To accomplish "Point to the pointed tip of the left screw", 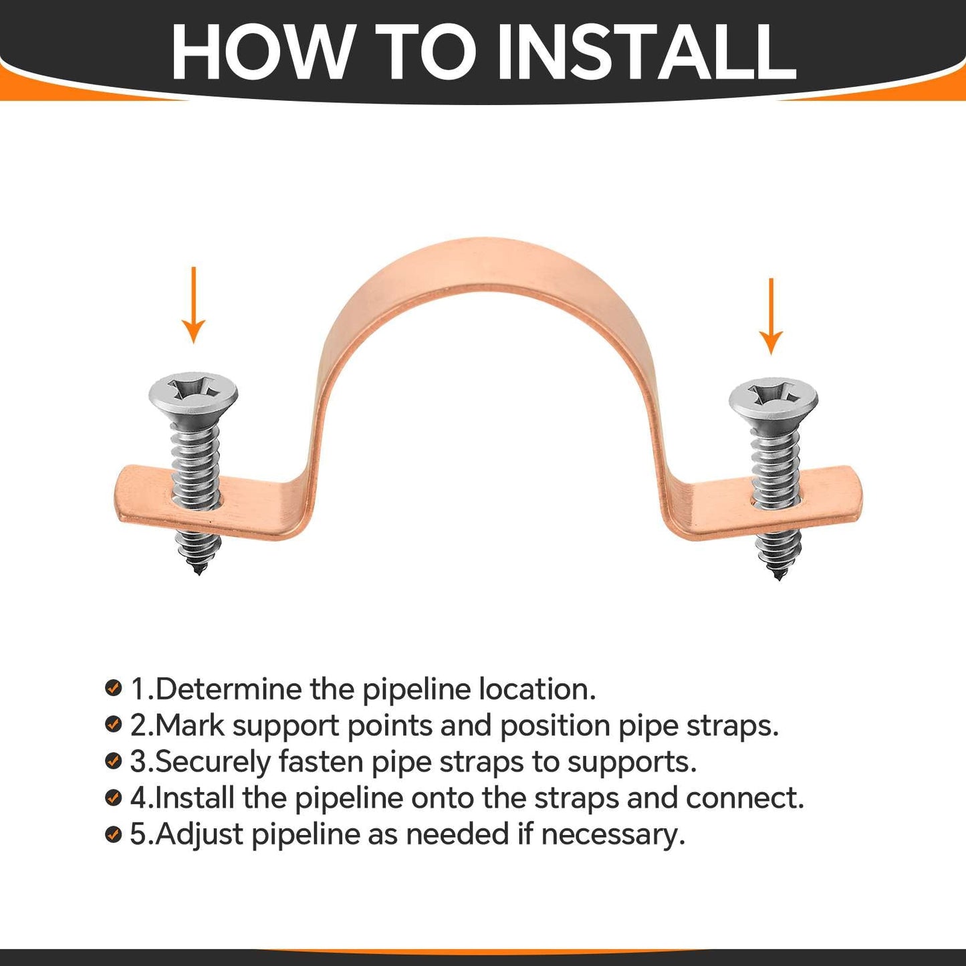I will pos(198,570).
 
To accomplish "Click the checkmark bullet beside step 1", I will pos(114,688).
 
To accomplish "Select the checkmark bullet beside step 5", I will pos(114,834).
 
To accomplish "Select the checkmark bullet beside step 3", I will pos(114,761).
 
